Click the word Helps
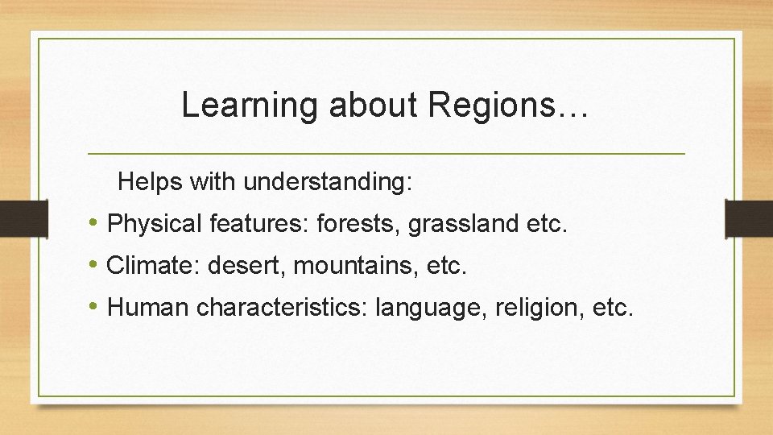click(151, 182)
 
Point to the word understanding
click(328, 182)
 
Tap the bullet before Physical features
click(95, 223)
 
